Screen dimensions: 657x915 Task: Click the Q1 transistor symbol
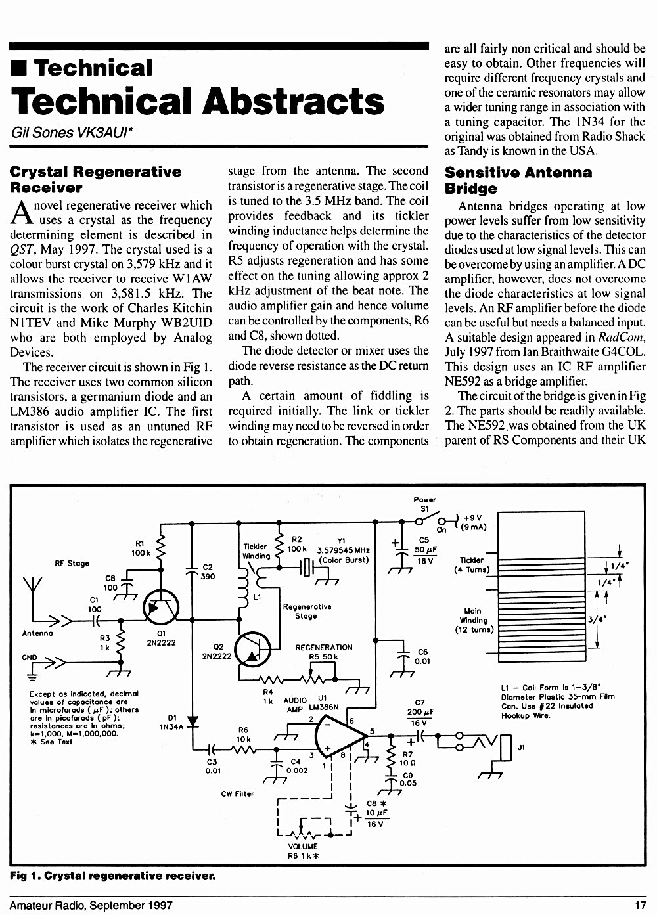click(x=161, y=608)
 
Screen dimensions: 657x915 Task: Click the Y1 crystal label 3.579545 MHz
click(x=343, y=550)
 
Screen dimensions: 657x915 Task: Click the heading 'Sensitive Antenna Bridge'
click(x=518, y=180)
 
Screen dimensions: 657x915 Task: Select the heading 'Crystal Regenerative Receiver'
click(x=95, y=179)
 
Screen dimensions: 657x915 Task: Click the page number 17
click(x=641, y=906)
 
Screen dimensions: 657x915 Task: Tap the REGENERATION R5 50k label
click(x=323, y=652)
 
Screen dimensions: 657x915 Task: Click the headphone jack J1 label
click(x=522, y=748)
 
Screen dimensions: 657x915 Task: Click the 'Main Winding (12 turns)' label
click(x=474, y=620)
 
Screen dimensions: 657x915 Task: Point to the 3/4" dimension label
click(x=597, y=619)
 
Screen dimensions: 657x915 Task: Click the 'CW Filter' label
click(x=237, y=793)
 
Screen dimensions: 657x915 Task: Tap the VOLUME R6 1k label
click(x=303, y=851)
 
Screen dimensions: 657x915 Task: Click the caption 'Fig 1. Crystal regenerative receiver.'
click(x=113, y=876)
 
